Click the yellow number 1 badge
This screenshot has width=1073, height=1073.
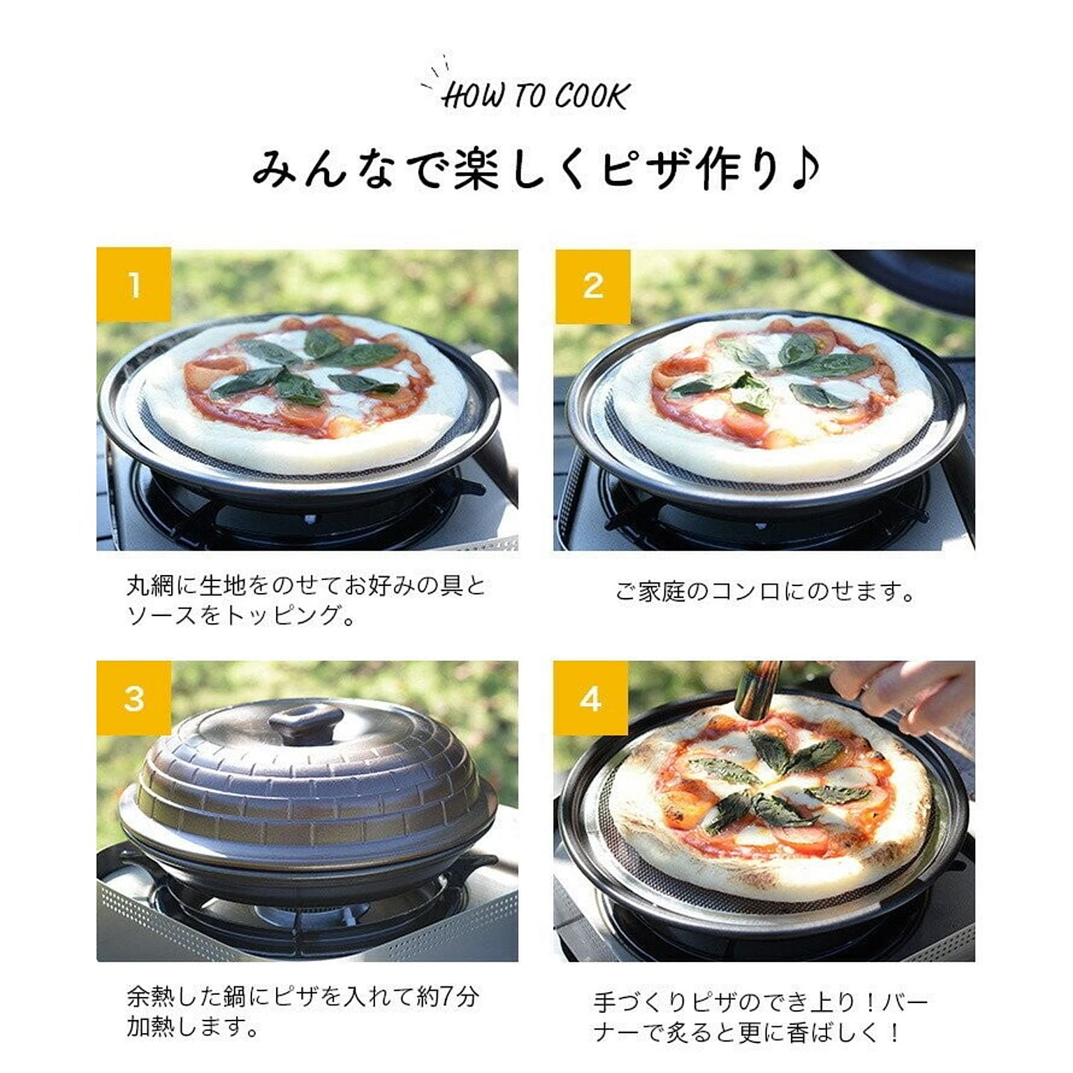pyautogui.click(x=133, y=284)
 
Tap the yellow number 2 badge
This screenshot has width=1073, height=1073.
pyautogui.click(x=592, y=286)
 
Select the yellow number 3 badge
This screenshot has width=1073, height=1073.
pyautogui.click(x=133, y=697)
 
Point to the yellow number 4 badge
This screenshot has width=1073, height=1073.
pyautogui.click(x=591, y=697)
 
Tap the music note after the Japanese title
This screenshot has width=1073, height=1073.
pyautogui.click(x=805, y=170)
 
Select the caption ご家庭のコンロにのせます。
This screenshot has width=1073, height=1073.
pyautogui.click(x=766, y=592)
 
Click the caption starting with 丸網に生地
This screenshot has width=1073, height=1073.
pyautogui.click(x=306, y=600)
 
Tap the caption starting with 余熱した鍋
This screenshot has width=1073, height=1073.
pyautogui.click(x=302, y=1011)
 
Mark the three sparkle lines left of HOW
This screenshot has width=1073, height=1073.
pyautogui.click(x=436, y=72)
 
